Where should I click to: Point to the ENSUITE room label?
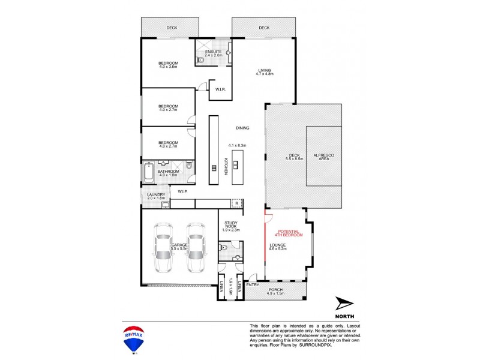point(214,52)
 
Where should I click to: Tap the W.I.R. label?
point(220,90)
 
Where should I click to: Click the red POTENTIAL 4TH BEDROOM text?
point(286,233)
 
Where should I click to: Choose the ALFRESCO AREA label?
point(324,155)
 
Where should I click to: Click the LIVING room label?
point(265,70)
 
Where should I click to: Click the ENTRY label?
point(252,284)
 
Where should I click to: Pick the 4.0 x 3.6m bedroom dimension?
point(168,67)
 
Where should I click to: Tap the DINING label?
point(242,128)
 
